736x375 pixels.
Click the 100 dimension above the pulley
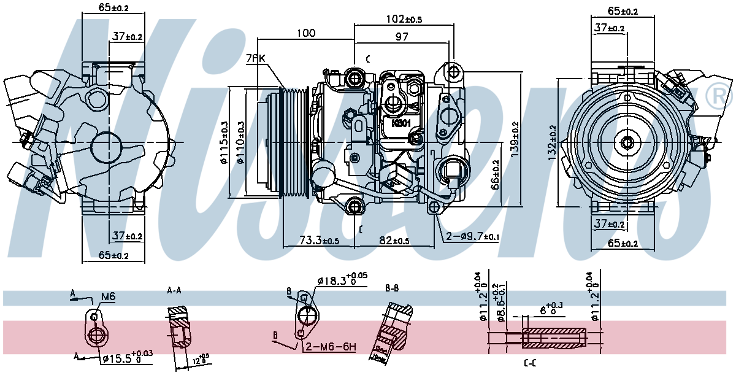coord(305,33)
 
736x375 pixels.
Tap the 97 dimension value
coord(401,37)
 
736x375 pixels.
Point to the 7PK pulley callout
coord(255,59)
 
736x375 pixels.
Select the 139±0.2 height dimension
coord(515,137)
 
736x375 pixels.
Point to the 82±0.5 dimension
coord(394,240)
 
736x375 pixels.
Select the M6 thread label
coord(108,297)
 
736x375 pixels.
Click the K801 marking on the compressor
coord(401,122)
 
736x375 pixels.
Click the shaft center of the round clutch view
coord(627,142)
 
